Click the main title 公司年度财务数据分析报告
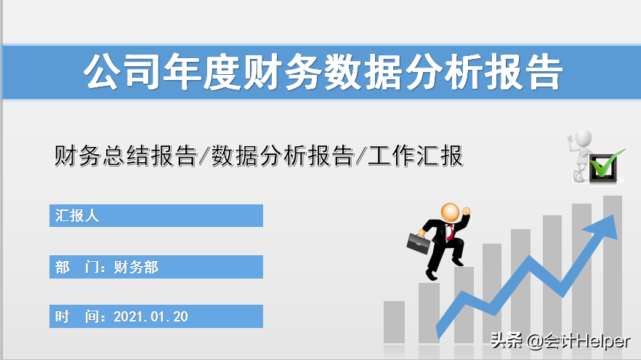(323, 71)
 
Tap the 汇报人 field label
(77, 215)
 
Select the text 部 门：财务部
(107, 267)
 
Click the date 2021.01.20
(151, 316)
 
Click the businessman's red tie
(451, 232)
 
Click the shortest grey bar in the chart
(394, 320)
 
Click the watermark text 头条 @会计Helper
(560, 340)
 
